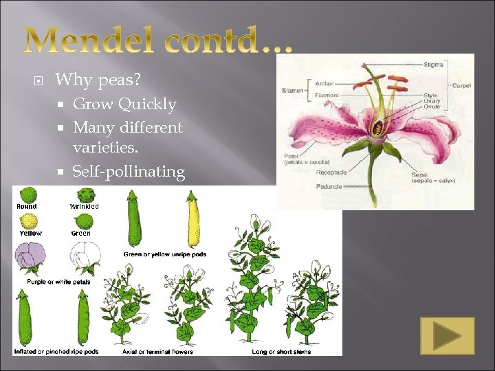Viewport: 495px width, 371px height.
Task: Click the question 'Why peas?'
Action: tap(98, 80)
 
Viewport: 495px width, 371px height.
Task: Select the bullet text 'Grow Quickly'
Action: tap(124, 104)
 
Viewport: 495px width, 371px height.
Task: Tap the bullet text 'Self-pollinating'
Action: tap(129, 171)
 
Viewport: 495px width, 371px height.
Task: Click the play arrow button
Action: tap(448, 336)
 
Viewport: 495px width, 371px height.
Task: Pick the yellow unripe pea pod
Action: tap(193, 221)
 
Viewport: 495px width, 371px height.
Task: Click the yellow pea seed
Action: tap(29, 220)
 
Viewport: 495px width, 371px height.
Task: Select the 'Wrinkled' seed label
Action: tap(84, 206)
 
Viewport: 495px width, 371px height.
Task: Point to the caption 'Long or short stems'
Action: tap(283, 352)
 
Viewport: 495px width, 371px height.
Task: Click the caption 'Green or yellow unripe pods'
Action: tap(165, 254)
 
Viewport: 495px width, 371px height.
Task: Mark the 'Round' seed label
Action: tap(27, 206)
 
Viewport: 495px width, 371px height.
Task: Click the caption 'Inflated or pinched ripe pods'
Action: tap(56, 352)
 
